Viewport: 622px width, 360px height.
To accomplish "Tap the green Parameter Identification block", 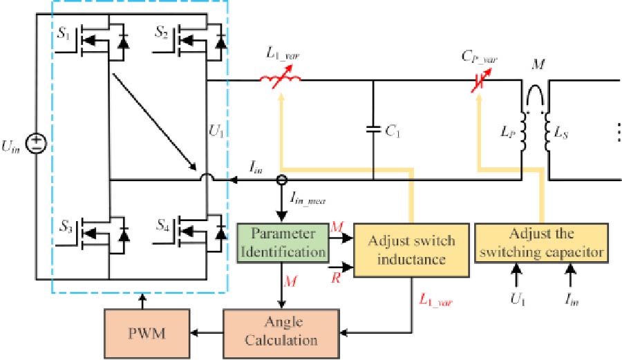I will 283,242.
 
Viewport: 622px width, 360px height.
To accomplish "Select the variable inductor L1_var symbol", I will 281,82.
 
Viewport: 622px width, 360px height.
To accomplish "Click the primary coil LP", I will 523,131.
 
